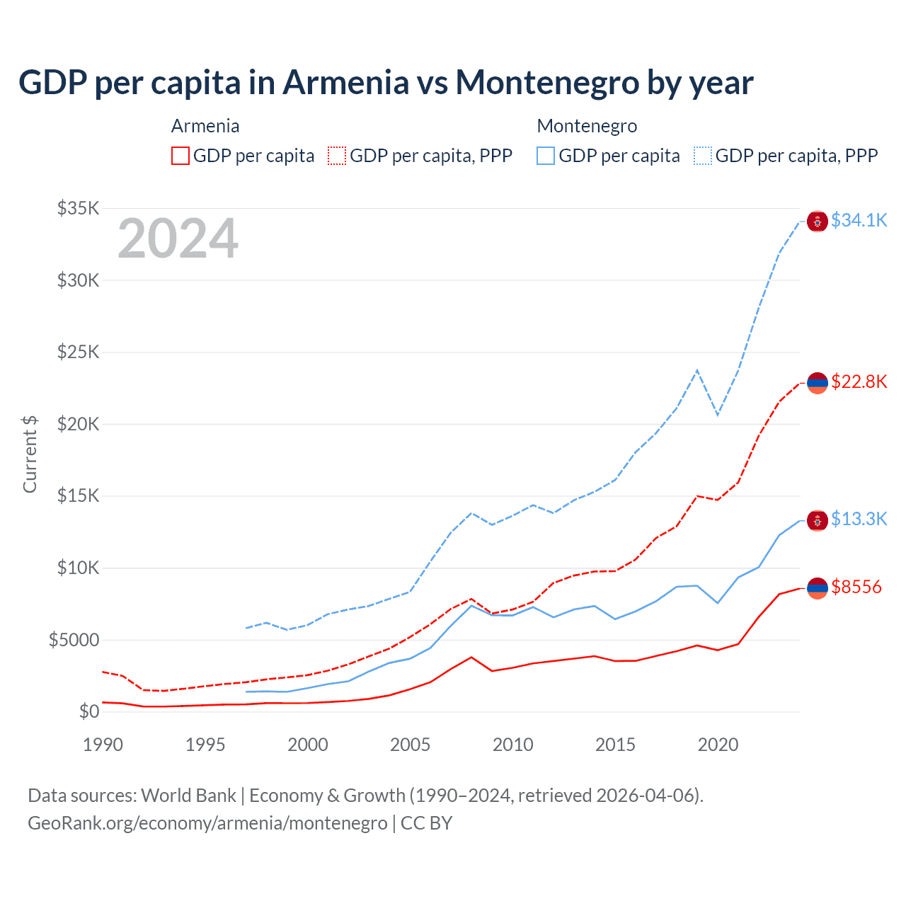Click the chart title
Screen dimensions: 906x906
coord(386,83)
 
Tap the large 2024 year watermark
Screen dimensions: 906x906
coord(178,239)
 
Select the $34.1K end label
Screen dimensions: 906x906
coord(859,220)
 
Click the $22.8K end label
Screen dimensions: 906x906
coord(859,382)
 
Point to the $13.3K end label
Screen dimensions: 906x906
coord(859,519)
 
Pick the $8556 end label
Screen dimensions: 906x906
coord(856,587)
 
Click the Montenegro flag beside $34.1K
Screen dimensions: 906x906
coord(818,222)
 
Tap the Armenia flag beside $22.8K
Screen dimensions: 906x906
coord(818,383)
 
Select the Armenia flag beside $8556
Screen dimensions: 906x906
coord(818,588)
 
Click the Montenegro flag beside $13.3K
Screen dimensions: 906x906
coord(818,521)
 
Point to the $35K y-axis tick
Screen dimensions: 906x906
coord(79,208)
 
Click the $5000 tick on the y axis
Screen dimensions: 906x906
coord(74,640)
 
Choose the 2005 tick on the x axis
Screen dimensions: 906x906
coord(411,745)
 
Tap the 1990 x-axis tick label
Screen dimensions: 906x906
coord(103,745)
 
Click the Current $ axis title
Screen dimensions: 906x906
coord(30,454)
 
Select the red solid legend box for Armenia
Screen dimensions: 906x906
coord(180,156)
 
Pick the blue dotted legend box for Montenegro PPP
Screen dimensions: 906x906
coord(703,156)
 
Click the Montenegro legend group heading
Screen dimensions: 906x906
coord(587,126)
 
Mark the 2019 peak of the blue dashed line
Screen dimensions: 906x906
coord(698,369)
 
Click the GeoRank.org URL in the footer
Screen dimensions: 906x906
coord(207,823)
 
